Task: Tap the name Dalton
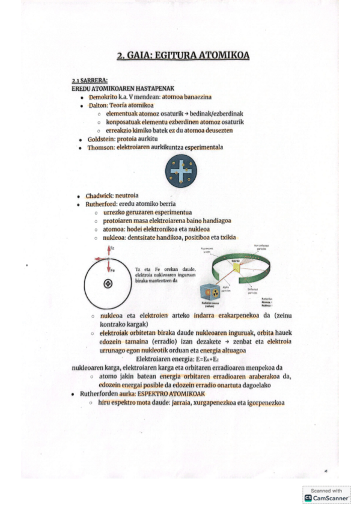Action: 98,105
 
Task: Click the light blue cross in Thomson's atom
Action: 181,171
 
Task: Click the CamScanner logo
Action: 326,498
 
